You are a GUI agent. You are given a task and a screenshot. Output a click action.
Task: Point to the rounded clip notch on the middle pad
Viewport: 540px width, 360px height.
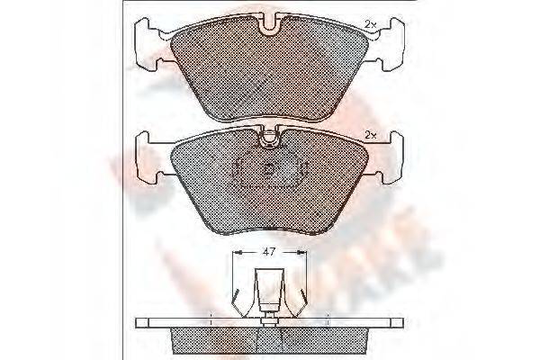point(269,138)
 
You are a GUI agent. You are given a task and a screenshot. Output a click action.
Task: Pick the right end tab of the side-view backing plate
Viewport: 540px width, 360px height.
point(393,323)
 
